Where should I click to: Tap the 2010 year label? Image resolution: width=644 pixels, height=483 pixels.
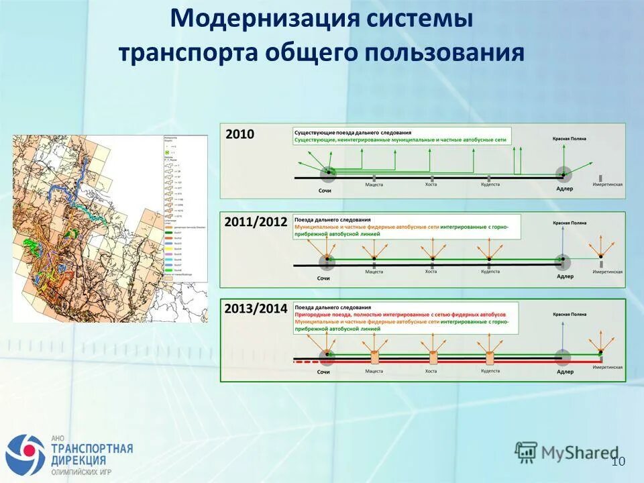[x=239, y=134]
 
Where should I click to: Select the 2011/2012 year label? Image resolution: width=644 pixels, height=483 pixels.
[x=256, y=221]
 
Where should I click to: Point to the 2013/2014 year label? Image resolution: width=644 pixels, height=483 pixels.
[x=256, y=309]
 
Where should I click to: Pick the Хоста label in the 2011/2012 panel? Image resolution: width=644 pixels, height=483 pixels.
[x=431, y=272]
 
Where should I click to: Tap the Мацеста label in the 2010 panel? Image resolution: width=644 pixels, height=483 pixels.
[x=374, y=184]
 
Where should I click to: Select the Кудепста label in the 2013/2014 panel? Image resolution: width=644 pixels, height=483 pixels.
[x=490, y=370]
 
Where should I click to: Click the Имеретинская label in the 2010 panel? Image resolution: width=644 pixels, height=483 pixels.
[x=607, y=184]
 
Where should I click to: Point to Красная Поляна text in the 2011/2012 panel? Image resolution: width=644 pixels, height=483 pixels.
[x=569, y=223]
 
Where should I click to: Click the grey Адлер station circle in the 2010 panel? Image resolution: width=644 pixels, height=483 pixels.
[x=563, y=175]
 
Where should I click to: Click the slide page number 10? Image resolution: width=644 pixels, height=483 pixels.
[x=618, y=461]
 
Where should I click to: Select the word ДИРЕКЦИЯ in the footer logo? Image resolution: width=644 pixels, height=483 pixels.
[x=78, y=460]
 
